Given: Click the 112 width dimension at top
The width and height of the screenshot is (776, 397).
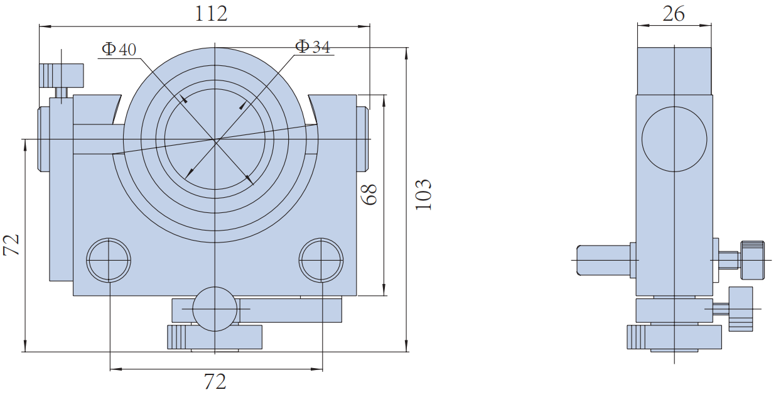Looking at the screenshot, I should point(211,14).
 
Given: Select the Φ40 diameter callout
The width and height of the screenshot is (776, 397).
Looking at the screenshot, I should point(119,49).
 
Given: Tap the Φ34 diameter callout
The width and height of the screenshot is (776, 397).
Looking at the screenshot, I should point(313,46).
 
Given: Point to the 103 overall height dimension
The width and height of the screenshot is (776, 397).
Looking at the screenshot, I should point(424,195).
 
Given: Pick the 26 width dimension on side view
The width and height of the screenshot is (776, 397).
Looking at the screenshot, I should point(674,13).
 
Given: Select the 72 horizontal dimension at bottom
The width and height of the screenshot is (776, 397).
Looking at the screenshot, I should point(215,381).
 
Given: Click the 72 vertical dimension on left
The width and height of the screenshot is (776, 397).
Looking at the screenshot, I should point(12,245).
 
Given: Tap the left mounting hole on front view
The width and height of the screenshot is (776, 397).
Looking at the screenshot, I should point(109,260).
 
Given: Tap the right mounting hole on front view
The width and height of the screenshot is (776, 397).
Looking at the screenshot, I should point(321,260).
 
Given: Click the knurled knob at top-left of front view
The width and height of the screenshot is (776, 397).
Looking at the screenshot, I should point(62,76).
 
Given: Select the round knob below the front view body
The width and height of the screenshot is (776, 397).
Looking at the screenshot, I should point(215,309).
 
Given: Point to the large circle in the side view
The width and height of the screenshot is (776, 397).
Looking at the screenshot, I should point(674,139).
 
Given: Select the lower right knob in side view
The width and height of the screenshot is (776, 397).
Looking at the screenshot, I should point(741,308).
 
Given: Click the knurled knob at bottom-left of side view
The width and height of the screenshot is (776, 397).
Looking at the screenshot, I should point(639,337).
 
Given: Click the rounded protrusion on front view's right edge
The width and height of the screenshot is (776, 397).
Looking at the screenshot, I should point(363,139).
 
